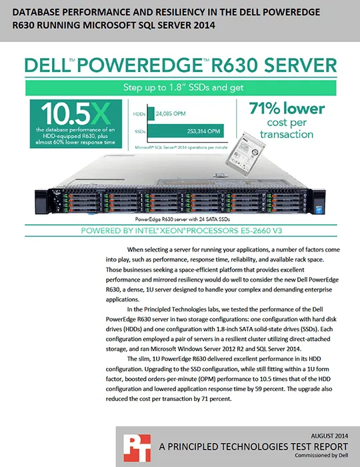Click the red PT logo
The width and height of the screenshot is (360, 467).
(137, 448)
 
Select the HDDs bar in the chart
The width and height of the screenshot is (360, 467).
(151, 113)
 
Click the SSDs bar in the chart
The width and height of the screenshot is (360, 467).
(185, 131)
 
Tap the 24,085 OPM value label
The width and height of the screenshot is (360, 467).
(171, 113)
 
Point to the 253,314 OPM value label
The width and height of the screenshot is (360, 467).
(203, 131)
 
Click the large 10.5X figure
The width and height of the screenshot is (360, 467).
(76, 113)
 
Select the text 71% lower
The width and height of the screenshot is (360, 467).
(287, 108)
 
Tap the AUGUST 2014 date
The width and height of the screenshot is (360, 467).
(329, 436)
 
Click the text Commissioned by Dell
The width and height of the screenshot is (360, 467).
(321, 456)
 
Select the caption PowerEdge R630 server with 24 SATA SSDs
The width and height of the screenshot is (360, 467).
(183, 219)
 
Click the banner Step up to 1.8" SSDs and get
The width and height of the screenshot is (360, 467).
(183, 87)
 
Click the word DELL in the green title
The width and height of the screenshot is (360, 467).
(47, 65)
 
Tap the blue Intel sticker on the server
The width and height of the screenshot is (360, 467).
(317, 209)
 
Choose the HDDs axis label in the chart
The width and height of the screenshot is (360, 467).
(139, 114)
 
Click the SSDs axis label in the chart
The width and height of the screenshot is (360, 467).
(140, 131)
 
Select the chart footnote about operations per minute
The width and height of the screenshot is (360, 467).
(181, 147)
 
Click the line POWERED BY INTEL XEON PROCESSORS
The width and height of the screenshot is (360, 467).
(181, 231)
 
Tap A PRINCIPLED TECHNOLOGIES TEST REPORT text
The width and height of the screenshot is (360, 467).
(253, 446)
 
